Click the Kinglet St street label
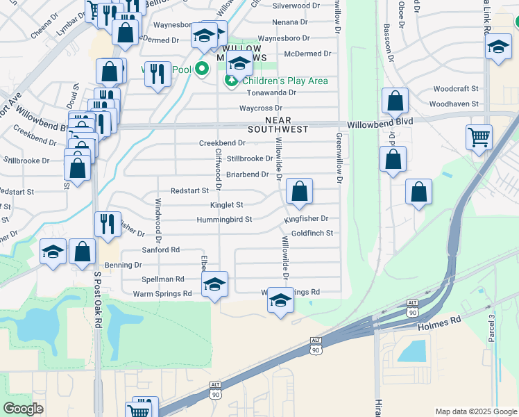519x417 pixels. coord(227,205)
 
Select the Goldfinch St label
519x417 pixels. coord(312,234)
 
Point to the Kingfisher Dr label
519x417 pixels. coord(305,219)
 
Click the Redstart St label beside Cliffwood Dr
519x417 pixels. coord(190,190)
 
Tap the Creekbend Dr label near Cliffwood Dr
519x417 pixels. coord(222,142)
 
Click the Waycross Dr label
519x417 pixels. coord(261,108)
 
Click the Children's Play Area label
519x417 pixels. coord(284,81)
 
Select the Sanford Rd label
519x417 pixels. coord(161,250)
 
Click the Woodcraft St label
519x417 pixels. coord(456,89)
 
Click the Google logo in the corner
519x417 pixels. coord(23,409)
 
